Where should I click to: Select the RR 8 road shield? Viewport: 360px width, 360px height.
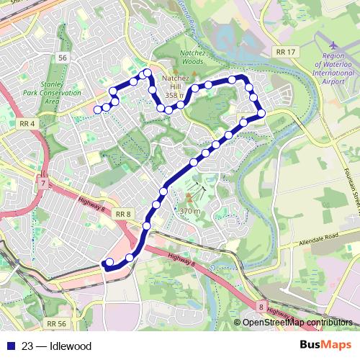tap(123, 213)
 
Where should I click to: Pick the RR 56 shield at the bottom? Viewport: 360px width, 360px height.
tap(58, 324)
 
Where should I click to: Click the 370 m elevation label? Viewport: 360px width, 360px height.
tap(189, 210)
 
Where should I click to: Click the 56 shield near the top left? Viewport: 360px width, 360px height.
tap(63, 57)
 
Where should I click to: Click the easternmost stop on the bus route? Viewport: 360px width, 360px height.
tap(261, 113)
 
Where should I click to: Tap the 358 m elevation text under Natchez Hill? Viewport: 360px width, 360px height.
tap(174, 94)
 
